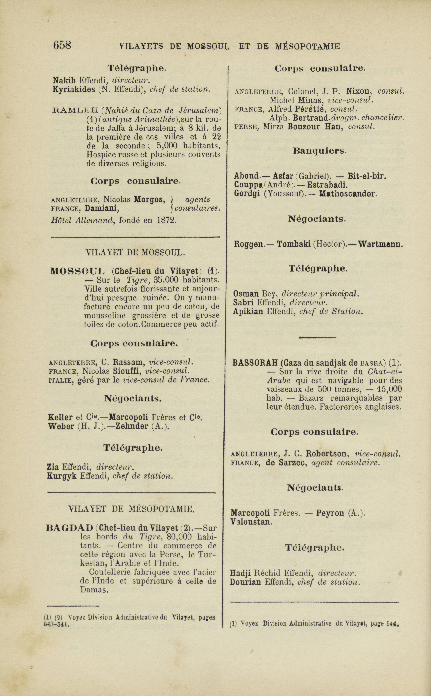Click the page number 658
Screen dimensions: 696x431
62,45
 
